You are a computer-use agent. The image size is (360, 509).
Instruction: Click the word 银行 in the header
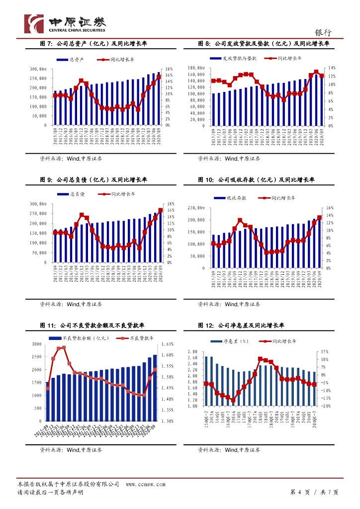pyautogui.click(x=323, y=32)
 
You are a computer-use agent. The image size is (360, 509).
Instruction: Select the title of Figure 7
pyautogui.click(x=93, y=44)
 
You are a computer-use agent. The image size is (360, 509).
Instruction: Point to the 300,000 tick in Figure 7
pyautogui.click(x=38, y=69)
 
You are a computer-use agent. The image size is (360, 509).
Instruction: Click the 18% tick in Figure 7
pyautogui.click(x=169, y=69)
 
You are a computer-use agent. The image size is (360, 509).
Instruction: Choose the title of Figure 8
pyautogui.click(x=264, y=44)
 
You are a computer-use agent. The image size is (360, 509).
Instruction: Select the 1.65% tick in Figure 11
pyautogui.click(x=167, y=344)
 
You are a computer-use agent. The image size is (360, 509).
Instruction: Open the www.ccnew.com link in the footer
pyautogui.click(x=142, y=484)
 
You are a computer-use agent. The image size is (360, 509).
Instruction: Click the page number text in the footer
pyautogui.click(x=314, y=492)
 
